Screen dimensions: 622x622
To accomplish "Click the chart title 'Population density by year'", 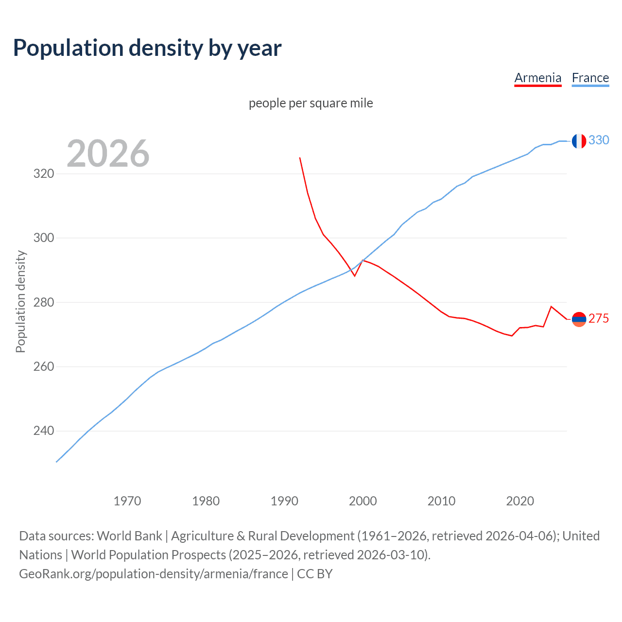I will (x=147, y=48).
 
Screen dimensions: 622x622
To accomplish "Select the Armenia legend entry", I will (x=537, y=78).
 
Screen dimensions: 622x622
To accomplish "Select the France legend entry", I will (x=590, y=78).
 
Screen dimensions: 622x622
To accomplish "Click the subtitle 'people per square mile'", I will (x=311, y=103).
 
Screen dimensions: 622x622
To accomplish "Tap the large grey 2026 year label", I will (x=108, y=154).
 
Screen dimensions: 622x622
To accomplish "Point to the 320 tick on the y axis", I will (x=43, y=173).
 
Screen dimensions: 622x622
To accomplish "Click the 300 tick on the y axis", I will (x=43, y=238).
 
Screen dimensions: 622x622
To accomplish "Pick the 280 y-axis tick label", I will (x=43, y=302).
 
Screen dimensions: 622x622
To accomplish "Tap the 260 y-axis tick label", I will (x=43, y=366).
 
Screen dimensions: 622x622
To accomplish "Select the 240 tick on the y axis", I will (x=43, y=431).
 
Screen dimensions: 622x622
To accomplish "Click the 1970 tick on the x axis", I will (x=127, y=501).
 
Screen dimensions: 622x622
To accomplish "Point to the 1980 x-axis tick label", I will (x=206, y=501).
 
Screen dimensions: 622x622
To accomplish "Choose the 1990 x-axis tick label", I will (x=284, y=501).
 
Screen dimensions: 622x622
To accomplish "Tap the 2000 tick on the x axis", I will (x=363, y=501).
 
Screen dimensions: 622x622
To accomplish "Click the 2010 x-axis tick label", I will (x=441, y=501).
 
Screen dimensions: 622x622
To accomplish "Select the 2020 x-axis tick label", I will (x=520, y=501).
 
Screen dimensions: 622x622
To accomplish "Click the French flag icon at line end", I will (x=579, y=141).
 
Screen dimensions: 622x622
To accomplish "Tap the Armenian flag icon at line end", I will (x=579, y=319).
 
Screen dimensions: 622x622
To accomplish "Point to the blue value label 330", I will (x=599, y=140).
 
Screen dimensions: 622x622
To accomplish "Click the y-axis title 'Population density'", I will (x=20, y=301).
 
